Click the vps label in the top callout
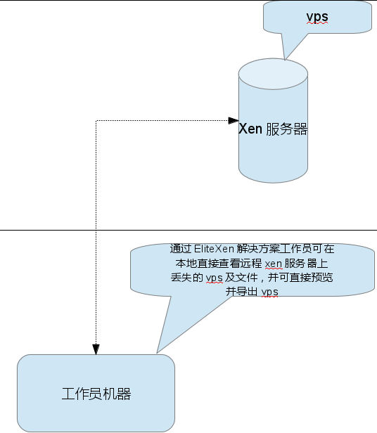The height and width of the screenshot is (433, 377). [x=317, y=17]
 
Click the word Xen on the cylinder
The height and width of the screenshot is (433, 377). [x=250, y=129]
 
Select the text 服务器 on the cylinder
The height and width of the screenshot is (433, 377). [x=287, y=129]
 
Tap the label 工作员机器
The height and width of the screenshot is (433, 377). [x=96, y=394]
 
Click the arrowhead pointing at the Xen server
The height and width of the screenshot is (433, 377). [x=234, y=120]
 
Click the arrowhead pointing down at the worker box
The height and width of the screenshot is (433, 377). [x=96, y=349]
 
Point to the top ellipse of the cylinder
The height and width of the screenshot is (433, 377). [x=273, y=74]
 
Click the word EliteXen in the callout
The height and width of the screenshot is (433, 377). [x=214, y=249]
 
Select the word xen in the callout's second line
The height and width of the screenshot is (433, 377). [x=274, y=264]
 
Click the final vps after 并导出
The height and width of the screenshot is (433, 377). [x=269, y=292]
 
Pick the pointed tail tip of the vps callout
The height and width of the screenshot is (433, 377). [x=285, y=59]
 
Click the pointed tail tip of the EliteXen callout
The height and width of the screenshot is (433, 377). [x=157, y=353]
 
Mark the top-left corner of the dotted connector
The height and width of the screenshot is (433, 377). [x=96, y=120]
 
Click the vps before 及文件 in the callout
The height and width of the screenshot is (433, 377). [x=215, y=278]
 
